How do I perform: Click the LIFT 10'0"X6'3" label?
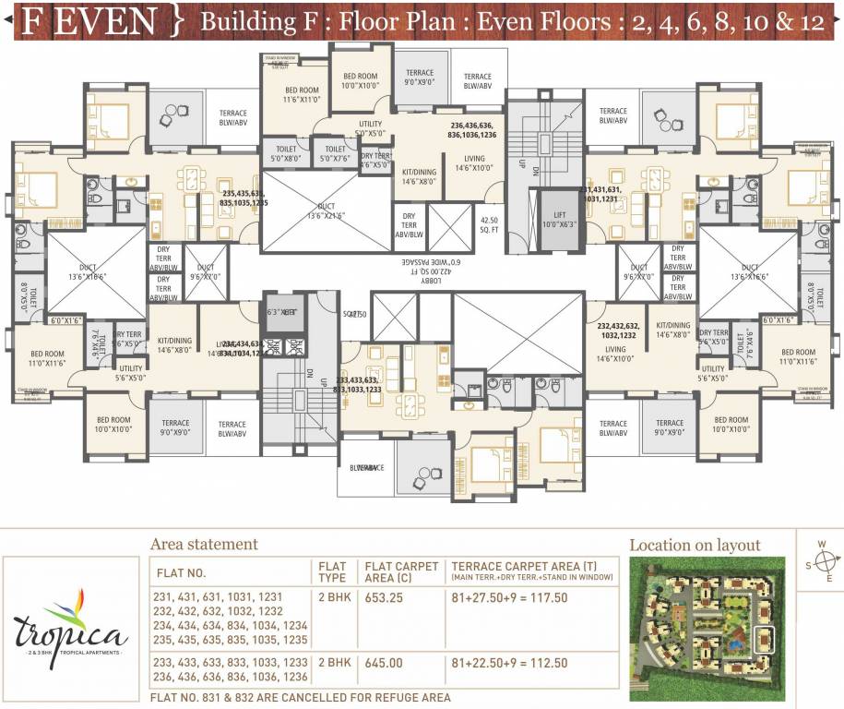point(560,219)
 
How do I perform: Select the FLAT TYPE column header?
point(332,572)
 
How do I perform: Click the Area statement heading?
point(204,545)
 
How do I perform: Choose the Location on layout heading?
point(695,546)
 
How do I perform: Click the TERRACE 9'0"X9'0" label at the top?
point(420,78)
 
